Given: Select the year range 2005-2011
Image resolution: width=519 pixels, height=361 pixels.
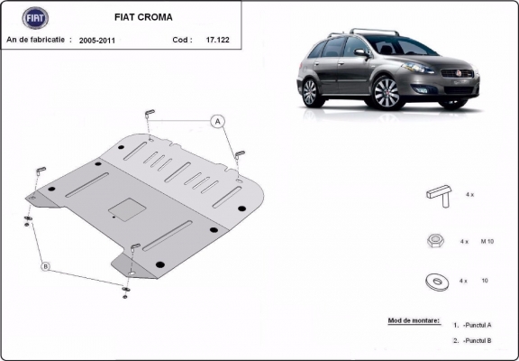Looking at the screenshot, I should tap(96, 41).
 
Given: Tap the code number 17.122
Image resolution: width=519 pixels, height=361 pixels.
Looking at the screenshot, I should tap(217, 41).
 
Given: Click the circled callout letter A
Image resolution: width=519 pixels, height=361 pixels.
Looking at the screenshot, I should tap(218, 121).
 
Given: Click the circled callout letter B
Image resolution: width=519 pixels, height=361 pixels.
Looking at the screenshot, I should tap(44, 266).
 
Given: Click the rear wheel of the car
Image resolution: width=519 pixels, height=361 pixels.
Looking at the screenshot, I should tap(309, 92).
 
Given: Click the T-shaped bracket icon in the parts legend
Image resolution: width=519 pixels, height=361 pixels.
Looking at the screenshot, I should tap(437, 194).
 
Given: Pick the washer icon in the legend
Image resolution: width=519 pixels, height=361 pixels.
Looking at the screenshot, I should tap(438, 282).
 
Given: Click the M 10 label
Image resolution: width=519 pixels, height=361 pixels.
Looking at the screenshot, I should tap(487, 242).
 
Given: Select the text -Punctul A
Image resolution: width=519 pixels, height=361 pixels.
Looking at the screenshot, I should tap(478, 324).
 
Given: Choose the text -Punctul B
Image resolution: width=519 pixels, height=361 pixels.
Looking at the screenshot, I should tap(478, 341).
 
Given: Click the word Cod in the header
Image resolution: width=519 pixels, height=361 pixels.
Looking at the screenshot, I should tap(181, 41).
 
